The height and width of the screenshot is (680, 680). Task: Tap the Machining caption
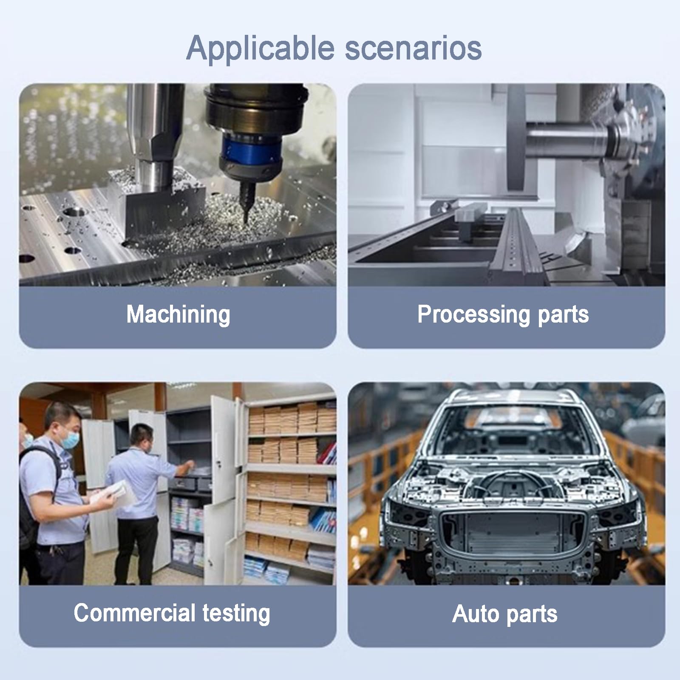[x=178, y=315]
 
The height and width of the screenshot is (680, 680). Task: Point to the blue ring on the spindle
[x=250, y=150]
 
